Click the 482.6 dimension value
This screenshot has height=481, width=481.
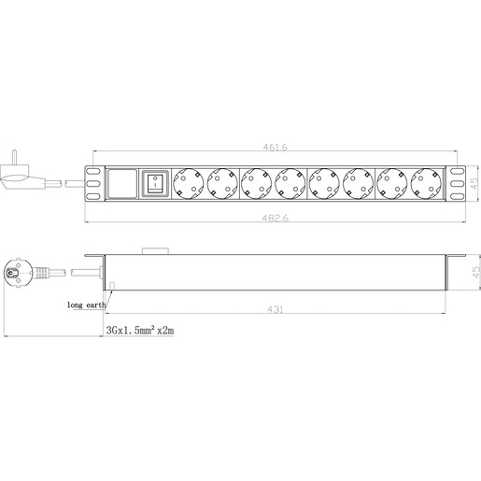point(274,219)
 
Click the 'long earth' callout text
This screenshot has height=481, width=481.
point(87,304)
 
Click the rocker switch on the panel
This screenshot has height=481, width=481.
point(154,183)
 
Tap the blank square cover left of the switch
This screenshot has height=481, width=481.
point(120,183)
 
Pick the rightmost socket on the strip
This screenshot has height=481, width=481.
point(425,183)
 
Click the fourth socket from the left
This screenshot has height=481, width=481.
point(290,183)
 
